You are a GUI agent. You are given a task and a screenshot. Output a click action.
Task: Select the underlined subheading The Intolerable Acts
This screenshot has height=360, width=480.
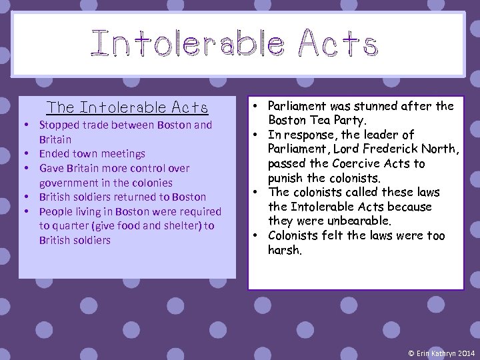coord(127,107)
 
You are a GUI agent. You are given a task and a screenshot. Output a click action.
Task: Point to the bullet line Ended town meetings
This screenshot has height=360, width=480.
coord(92,154)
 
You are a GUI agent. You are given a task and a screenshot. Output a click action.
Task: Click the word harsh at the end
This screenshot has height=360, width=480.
coord(284,251)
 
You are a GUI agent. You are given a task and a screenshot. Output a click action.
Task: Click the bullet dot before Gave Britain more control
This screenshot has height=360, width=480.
coord(25,169)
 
